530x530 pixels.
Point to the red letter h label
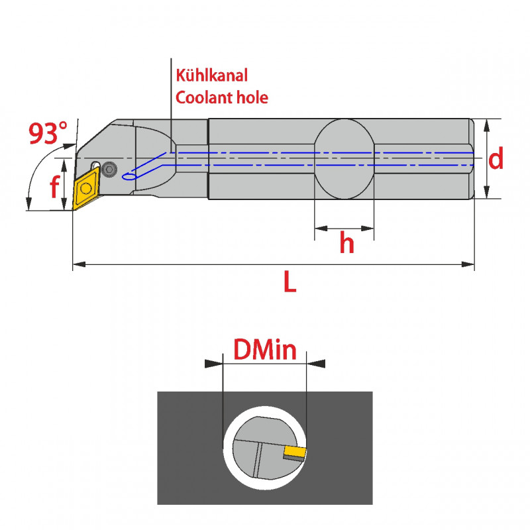(x=346, y=244)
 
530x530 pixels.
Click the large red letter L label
(x=290, y=283)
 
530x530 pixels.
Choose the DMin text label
(x=264, y=349)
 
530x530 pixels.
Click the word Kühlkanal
(x=211, y=76)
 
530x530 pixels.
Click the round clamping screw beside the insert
(x=109, y=168)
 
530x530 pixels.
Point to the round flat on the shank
(x=344, y=159)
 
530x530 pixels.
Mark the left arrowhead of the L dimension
(x=77, y=265)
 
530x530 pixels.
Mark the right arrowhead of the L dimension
(x=470, y=265)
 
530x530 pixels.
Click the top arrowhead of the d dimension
(x=487, y=123)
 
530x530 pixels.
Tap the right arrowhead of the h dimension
(x=369, y=229)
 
